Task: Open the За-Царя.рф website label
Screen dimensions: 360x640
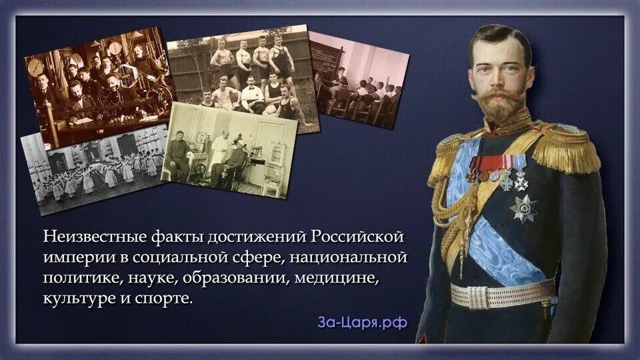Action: click(362, 323)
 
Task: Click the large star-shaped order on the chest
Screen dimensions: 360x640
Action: click(523, 208)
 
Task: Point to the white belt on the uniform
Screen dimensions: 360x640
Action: click(500, 292)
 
